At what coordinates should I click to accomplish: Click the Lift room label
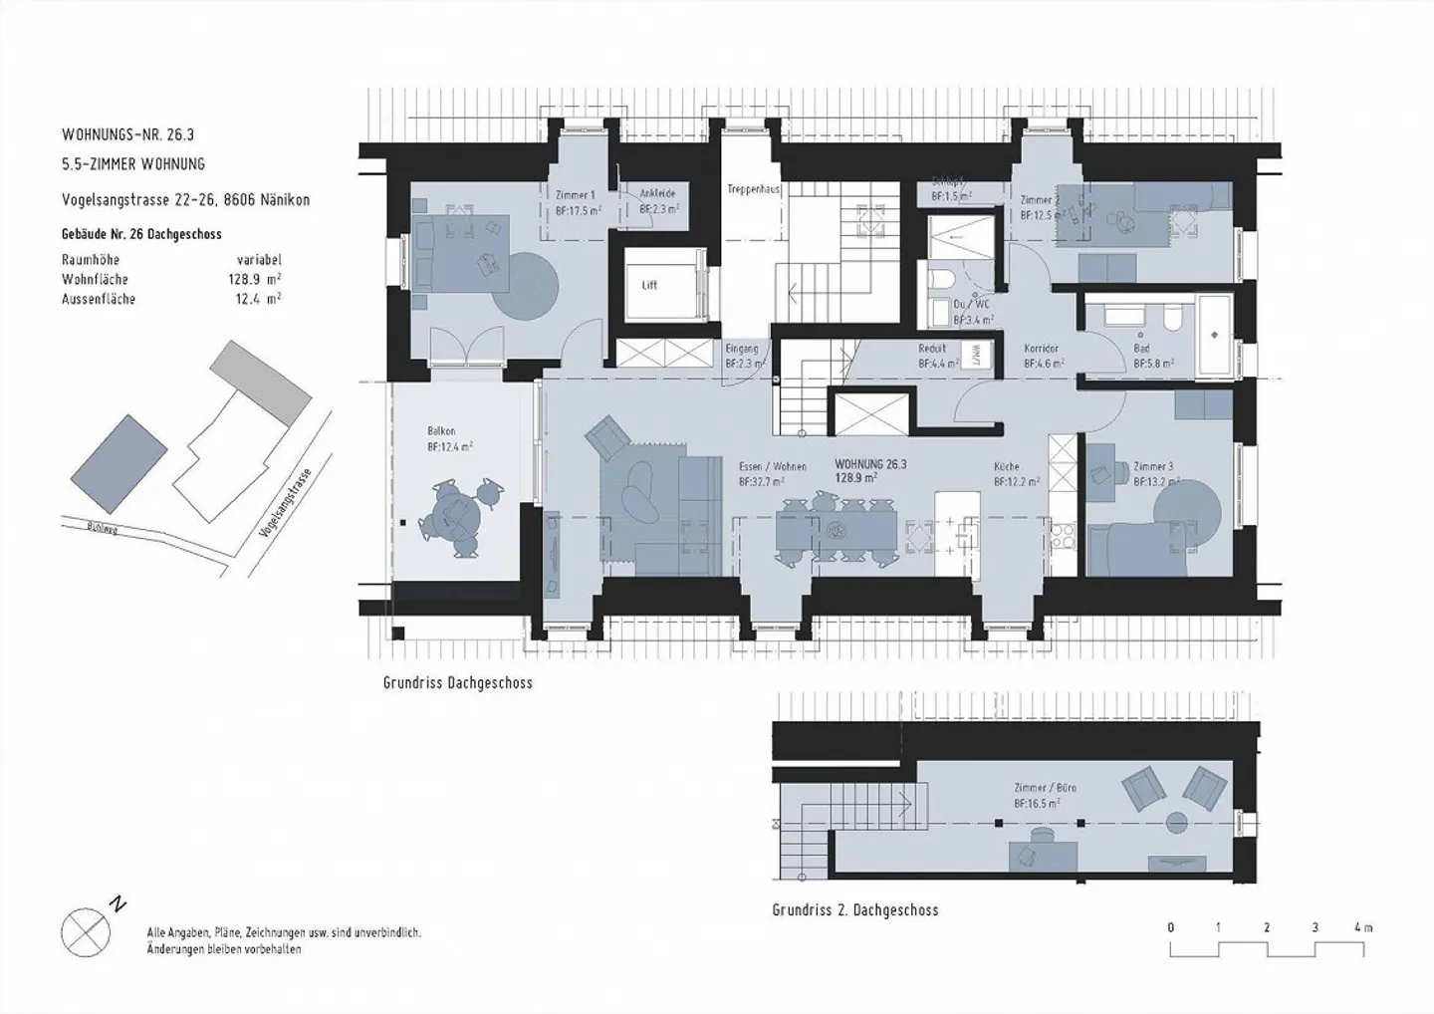(x=649, y=286)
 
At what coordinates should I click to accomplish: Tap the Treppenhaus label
(x=753, y=189)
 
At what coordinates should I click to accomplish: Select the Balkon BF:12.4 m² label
(x=449, y=439)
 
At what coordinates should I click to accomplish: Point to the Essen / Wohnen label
(x=772, y=466)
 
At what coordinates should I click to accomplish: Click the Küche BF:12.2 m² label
(x=1016, y=473)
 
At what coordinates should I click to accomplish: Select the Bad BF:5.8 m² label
(x=1152, y=357)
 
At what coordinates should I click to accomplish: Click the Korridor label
(x=1041, y=350)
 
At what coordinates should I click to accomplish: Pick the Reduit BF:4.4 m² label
(x=936, y=357)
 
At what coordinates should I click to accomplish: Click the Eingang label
(x=742, y=350)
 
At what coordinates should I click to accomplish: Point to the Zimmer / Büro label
(x=1044, y=788)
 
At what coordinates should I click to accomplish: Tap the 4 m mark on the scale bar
(x=1362, y=927)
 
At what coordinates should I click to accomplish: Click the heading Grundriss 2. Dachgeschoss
(x=854, y=910)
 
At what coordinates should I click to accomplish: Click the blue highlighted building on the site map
(x=119, y=450)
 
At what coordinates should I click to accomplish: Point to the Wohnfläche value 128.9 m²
(x=254, y=280)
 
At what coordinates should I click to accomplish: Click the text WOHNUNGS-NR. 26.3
(x=134, y=133)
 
